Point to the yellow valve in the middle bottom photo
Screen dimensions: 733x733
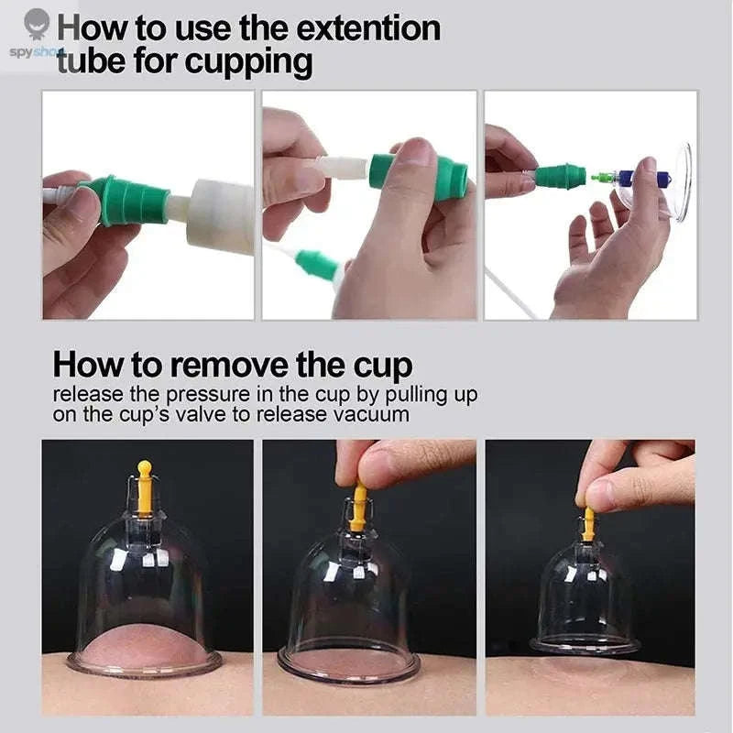click(x=359, y=506)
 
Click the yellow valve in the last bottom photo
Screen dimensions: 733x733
click(x=588, y=523)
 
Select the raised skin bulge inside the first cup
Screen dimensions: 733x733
click(x=145, y=646)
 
